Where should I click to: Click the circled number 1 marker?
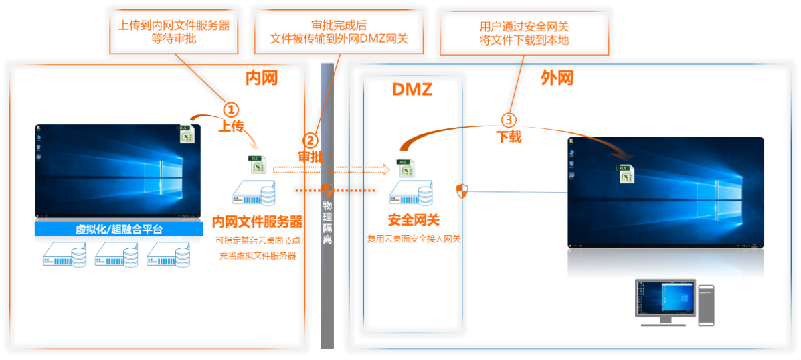point(230,110)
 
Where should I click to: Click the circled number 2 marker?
point(310,141)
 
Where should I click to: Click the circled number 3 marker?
point(509,120)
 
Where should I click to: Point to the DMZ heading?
point(412,89)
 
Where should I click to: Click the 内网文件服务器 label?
point(257,221)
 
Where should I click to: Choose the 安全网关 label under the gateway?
point(414,219)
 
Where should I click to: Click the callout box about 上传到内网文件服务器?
point(173,32)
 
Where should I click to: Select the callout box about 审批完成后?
point(338,32)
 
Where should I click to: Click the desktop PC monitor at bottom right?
point(666,298)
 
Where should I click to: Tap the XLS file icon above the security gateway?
point(406,167)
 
